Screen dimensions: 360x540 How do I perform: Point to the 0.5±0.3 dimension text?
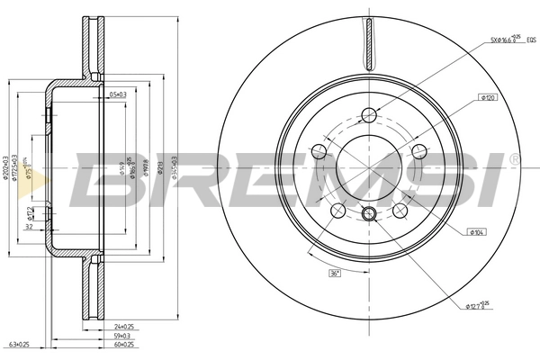(116, 94)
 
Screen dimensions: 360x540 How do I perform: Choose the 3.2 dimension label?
(30, 228)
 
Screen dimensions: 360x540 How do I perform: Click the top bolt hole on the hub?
(368, 114)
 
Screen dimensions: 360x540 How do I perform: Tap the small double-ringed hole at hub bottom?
(368, 214)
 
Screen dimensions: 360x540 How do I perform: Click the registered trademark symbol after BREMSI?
(514, 159)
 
